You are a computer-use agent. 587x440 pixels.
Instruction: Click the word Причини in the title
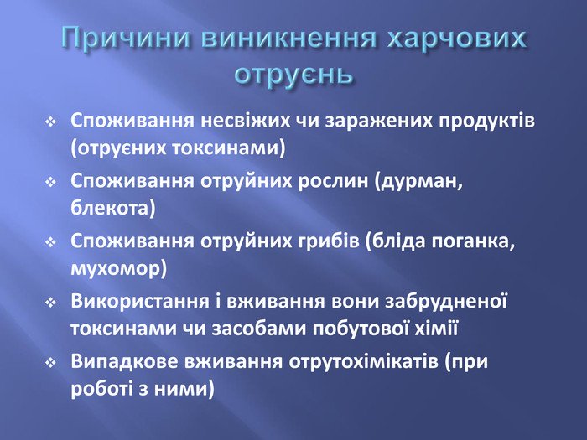(x=126, y=38)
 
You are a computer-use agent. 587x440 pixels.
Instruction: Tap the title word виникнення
(x=290, y=38)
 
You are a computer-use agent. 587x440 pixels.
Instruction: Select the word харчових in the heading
(x=457, y=39)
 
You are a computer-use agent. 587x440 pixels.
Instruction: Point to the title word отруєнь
(x=293, y=74)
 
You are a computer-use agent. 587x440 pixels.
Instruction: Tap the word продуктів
(x=486, y=122)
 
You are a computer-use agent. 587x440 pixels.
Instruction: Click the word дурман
(x=418, y=182)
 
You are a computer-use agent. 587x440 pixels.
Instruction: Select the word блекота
(x=112, y=207)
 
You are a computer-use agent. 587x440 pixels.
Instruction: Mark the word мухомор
(x=119, y=269)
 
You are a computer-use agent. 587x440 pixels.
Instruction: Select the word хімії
(x=437, y=329)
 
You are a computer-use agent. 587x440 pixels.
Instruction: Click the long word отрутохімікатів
(x=363, y=362)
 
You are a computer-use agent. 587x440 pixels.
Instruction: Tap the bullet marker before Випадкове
(x=50, y=363)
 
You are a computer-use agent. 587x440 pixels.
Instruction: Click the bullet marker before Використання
(x=50, y=303)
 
